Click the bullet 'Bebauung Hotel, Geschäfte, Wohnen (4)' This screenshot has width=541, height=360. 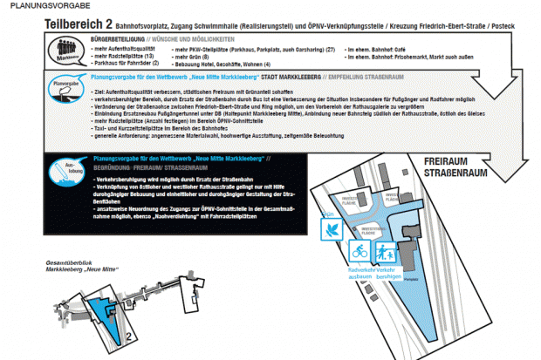click(x=226, y=64)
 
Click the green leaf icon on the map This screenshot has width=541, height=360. click(x=332, y=229)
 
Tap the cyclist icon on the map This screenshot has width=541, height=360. click(x=358, y=251)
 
